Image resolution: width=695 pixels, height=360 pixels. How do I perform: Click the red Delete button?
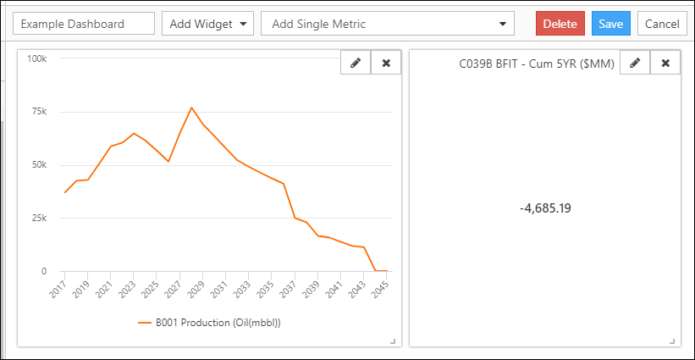[560, 24]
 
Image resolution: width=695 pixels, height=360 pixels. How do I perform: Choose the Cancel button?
[662, 24]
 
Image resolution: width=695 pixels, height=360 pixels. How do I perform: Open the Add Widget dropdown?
[207, 24]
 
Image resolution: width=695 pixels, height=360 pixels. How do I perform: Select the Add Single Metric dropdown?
[388, 24]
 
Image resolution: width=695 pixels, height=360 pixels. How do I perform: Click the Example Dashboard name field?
[84, 24]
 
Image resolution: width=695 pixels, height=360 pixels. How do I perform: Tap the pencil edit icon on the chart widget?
[356, 63]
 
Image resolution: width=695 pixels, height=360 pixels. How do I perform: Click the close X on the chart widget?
[386, 63]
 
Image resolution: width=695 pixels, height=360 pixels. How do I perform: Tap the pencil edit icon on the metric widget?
[635, 63]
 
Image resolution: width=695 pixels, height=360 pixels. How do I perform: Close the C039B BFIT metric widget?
[665, 63]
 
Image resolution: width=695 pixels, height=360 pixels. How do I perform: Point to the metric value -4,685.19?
[545, 208]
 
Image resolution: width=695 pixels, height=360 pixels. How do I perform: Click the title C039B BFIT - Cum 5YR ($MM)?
[538, 63]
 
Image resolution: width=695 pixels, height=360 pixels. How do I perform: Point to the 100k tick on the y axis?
[36, 58]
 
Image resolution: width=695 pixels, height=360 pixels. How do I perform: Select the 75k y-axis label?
[38, 112]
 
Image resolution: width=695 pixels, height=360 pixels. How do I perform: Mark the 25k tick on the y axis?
[38, 218]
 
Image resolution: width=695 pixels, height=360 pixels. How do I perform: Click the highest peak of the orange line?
[191, 108]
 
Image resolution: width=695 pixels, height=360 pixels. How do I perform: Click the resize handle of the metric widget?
[672, 341]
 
